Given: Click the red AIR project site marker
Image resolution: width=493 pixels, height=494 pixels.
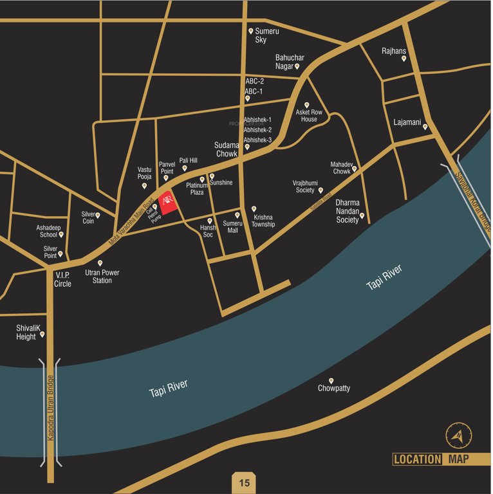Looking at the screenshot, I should point(167,203).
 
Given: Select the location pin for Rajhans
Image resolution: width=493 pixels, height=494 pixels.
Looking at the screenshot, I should point(404,59).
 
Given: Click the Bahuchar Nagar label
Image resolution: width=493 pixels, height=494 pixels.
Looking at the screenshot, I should point(290,62).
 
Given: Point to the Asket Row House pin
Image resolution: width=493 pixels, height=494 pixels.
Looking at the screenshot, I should point(307,105).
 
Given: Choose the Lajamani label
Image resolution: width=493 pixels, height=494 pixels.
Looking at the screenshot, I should point(407,122).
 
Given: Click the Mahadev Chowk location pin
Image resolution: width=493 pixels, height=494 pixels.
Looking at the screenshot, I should point(355,169).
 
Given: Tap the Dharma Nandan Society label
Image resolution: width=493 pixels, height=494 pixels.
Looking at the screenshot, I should point(347,211).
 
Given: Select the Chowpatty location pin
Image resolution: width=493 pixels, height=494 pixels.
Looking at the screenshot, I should point(331,381).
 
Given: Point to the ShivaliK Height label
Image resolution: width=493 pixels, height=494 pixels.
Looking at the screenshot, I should point(26,332).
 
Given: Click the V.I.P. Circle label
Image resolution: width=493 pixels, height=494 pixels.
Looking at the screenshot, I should point(63,279).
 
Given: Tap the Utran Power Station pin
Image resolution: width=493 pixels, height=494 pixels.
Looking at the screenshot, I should point(100,263).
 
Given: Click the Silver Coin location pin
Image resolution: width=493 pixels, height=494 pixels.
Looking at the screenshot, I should point(98,215).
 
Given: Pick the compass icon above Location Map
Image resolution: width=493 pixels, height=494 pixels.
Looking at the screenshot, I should point(458,435).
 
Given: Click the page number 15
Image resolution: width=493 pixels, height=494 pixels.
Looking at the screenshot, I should point(244,482).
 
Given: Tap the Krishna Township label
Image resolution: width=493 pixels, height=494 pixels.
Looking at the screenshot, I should point(263,221).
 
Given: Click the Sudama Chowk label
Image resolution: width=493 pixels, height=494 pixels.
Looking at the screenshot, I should point(227,149).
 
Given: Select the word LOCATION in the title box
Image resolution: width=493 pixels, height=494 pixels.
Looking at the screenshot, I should point(417,459).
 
